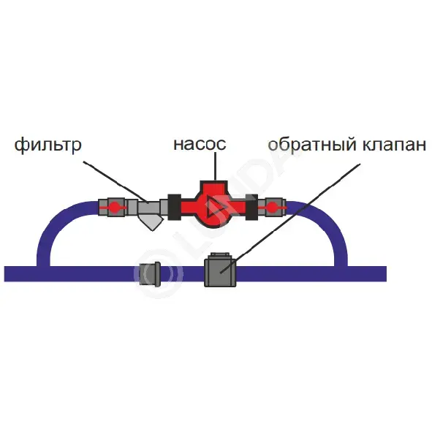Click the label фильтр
(x=48, y=145)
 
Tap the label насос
(x=200, y=144)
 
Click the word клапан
(x=394, y=145)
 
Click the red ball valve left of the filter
(x=113, y=207)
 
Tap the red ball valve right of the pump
(x=272, y=207)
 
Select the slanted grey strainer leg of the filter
(x=151, y=223)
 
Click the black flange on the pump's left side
(x=175, y=207)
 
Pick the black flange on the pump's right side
(x=251, y=207)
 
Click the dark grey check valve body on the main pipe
(x=220, y=273)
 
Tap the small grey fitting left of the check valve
(x=150, y=274)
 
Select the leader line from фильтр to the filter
(x=115, y=182)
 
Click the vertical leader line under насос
(x=215, y=167)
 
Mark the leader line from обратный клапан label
(x=290, y=219)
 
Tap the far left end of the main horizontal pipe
(x=5, y=274)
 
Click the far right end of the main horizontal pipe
(x=386, y=274)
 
